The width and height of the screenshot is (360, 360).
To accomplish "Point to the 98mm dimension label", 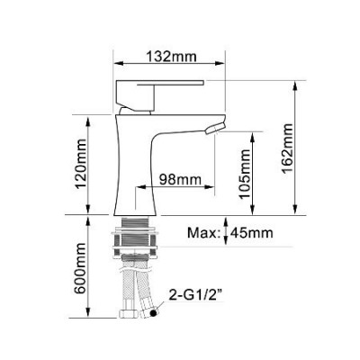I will click(x=179, y=180).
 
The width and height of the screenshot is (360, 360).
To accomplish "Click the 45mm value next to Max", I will click(x=254, y=234).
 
